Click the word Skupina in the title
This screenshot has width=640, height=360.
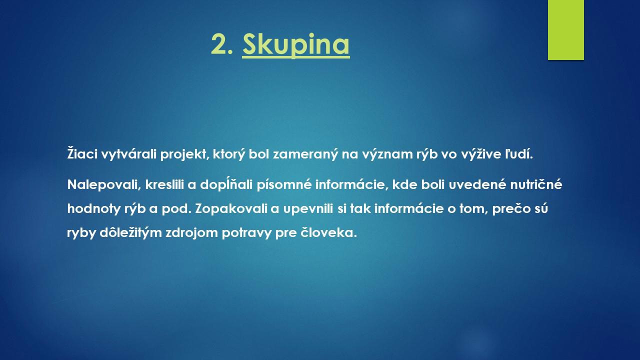(x=296, y=45)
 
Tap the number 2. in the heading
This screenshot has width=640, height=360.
(x=222, y=44)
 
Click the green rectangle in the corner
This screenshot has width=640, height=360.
(x=565, y=29)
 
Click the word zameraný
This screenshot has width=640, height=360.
(x=305, y=154)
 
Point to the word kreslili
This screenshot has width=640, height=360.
(x=164, y=184)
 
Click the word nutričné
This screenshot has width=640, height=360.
(x=536, y=184)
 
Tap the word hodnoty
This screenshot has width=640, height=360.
(x=94, y=209)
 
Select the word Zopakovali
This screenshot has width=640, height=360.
(x=231, y=209)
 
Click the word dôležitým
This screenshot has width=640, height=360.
(x=130, y=232)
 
